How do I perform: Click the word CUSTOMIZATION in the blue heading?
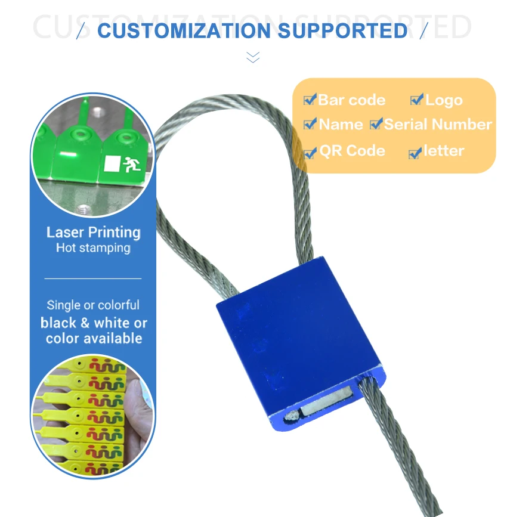coord(184,30)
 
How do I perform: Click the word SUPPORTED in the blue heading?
coord(343,30)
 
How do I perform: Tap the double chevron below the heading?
coord(253,57)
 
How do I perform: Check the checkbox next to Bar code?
coord(310,99)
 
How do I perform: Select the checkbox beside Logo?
coord(417,99)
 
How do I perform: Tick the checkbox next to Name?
coord(310,123)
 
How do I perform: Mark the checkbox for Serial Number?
coord(376,123)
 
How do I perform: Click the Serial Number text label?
coord(438,124)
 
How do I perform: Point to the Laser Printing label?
coord(94,233)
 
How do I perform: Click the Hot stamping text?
coord(93,248)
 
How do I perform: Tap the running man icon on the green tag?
coord(132,164)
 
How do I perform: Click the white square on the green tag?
coord(112,163)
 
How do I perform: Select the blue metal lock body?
coord(298,340)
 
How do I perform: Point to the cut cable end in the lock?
coord(292,416)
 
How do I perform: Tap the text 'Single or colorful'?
coord(93,305)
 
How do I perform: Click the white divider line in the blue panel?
coord(93,278)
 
